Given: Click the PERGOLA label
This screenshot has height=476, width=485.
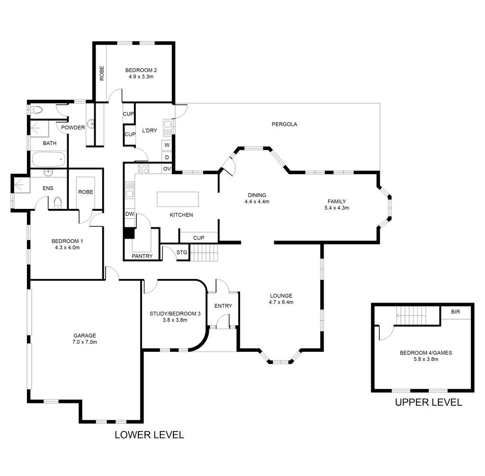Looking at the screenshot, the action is tap(284, 125).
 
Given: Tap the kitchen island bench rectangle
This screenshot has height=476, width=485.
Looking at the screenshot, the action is tap(178, 199).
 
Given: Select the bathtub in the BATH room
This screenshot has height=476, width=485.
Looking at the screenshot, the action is tap(49, 159).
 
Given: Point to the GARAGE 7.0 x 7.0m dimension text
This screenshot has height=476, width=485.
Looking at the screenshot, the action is tap(85, 342).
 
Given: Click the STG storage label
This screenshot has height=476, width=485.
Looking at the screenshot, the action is tap(182, 252).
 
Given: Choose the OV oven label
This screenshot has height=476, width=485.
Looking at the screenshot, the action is tap(167, 169).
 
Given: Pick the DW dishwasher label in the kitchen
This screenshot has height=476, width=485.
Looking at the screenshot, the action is tap(130, 214).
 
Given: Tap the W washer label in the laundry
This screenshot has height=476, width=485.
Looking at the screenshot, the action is tap(167, 145).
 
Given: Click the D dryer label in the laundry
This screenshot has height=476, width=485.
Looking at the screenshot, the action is tap(167, 157).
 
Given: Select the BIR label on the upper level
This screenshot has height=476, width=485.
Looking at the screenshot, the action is tap(455, 312).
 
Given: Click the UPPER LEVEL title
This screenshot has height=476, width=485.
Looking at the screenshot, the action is tap(428, 403).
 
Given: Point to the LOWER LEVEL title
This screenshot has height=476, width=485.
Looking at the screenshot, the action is tap(149, 434).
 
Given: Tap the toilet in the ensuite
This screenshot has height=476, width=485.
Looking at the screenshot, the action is tap(58, 202).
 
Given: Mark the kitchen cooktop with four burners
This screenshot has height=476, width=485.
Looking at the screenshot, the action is tap(143, 169).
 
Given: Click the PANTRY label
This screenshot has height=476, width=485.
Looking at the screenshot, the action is tap(142, 256).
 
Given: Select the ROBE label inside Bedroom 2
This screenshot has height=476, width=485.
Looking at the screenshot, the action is tap(102, 73).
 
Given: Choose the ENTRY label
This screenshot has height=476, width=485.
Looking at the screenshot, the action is tap(223, 306).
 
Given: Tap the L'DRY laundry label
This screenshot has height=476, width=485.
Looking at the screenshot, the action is tap(150, 131).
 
